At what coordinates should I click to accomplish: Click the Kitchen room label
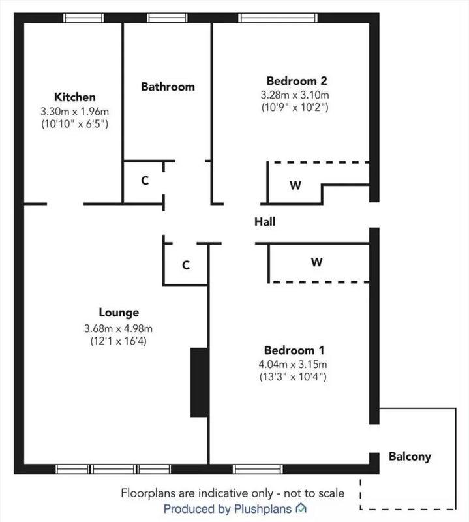75,97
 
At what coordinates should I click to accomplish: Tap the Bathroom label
168,87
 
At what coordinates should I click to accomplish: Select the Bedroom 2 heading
297,80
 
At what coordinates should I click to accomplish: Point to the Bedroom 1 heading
294,350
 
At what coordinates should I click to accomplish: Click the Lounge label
119,313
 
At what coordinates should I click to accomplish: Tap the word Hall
265,222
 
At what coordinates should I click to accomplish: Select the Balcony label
410,456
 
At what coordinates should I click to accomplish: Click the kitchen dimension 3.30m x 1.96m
74,111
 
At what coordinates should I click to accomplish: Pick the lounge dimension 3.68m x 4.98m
118,329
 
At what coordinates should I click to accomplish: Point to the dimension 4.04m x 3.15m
293,364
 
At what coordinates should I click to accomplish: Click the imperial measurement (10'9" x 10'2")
295,108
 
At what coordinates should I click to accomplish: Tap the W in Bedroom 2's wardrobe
295,185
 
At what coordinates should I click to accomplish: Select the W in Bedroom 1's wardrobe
317,262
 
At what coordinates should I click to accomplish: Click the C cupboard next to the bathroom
145,181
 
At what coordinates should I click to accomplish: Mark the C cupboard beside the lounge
186,265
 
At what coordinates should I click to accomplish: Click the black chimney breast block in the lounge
199,382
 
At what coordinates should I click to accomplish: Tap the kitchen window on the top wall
83,18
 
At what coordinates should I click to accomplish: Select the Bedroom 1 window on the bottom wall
258,469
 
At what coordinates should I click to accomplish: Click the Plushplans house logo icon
301,508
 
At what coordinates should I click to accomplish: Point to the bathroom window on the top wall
167,18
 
